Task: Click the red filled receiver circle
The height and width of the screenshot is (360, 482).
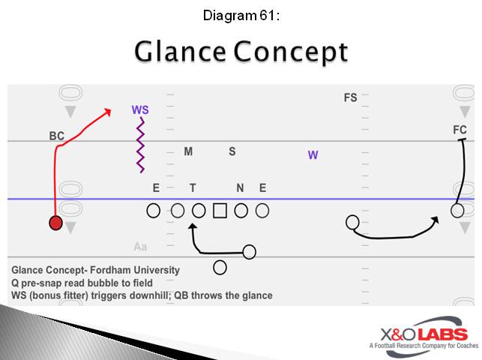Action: [x=55, y=223]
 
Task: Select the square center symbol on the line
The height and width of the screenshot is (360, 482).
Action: [x=220, y=211]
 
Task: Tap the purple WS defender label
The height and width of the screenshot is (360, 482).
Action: [x=140, y=109]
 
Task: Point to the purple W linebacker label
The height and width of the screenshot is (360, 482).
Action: [x=313, y=155]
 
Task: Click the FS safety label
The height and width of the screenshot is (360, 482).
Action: [x=350, y=97]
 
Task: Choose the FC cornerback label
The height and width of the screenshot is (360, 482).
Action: [x=460, y=130]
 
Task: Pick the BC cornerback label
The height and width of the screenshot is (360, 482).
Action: [x=57, y=136]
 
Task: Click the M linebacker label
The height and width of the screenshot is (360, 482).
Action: [x=189, y=151]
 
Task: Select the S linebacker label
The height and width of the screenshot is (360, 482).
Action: [x=232, y=151]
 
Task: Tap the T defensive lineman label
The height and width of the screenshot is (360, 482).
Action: [x=193, y=188]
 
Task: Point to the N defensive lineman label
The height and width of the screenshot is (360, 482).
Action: [x=240, y=188]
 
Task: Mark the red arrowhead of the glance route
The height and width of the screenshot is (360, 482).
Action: [x=109, y=112]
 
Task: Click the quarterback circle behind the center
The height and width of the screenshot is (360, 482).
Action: [x=220, y=267]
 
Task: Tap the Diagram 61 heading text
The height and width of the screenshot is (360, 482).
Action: [x=241, y=14]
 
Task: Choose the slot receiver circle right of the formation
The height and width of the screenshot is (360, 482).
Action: [x=352, y=222]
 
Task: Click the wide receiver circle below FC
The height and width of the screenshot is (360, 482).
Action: [x=457, y=211]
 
